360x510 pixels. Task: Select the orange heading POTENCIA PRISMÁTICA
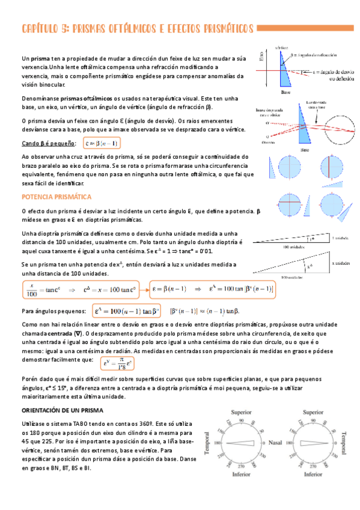pos(56,197)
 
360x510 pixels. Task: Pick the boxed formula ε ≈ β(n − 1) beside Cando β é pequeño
pos(101,144)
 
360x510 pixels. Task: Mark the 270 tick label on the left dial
pos(240,465)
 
